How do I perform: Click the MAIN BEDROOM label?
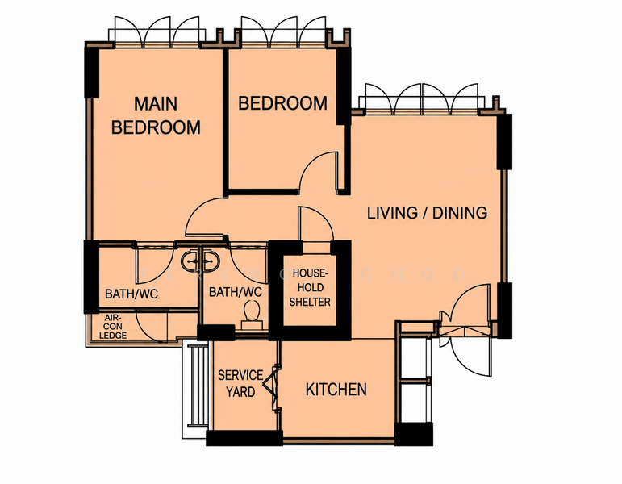pyautogui.click(x=156, y=115)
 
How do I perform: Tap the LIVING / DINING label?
pyautogui.click(x=427, y=213)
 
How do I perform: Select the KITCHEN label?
pyautogui.click(x=336, y=390)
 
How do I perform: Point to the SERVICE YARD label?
pyautogui.click(x=240, y=384)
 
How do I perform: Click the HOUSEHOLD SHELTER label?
pyautogui.click(x=310, y=288)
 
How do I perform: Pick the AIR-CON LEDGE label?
pyautogui.click(x=113, y=327)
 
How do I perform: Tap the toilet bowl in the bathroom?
pyautogui.click(x=251, y=314)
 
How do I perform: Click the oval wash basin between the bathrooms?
pyautogui.click(x=201, y=261)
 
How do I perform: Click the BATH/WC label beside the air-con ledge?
pyautogui.click(x=131, y=294)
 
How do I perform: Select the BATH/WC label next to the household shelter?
pyautogui.click(x=236, y=292)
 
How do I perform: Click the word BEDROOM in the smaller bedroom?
pyautogui.click(x=282, y=103)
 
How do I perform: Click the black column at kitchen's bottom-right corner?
pyautogui.click(x=414, y=434)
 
